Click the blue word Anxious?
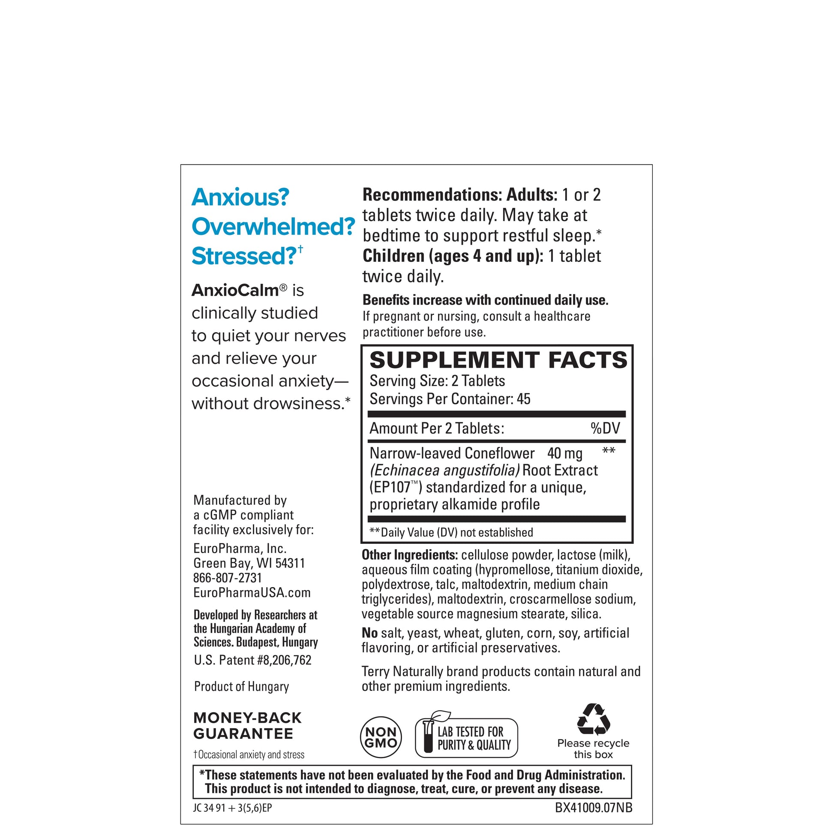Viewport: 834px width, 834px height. (240, 198)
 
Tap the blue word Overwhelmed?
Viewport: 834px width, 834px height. (273, 227)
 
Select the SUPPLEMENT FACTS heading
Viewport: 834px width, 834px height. (498, 360)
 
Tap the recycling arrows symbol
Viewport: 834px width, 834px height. (594, 719)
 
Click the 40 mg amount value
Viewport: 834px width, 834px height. (564, 454)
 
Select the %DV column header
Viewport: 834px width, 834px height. (605, 428)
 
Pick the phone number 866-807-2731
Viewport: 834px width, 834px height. (228, 578)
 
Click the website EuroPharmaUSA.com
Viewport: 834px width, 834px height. (252, 593)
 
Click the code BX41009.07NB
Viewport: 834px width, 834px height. (594, 808)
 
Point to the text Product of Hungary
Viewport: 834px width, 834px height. (241, 687)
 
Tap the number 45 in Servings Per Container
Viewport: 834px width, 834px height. (523, 399)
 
